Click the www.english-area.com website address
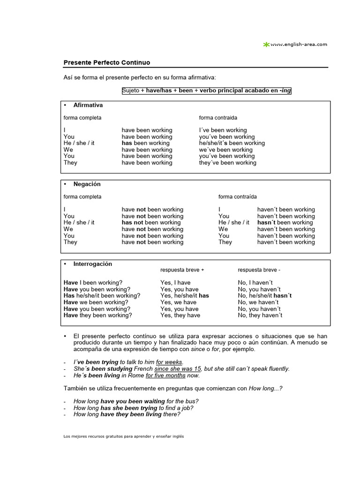click(299, 45)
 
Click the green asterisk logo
click(266, 45)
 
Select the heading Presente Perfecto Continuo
click(107, 62)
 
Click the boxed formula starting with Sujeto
click(206, 90)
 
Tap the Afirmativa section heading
click(88, 105)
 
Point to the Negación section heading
click(87, 184)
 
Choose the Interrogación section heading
click(92, 264)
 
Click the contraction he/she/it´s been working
click(232, 143)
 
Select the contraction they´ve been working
click(227, 163)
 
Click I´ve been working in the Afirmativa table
click(223, 130)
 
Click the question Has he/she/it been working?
click(102, 296)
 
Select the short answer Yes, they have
click(180, 315)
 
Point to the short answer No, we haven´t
click(258, 302)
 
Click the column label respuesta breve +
click(182, 270)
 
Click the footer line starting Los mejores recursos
click(124, 436)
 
